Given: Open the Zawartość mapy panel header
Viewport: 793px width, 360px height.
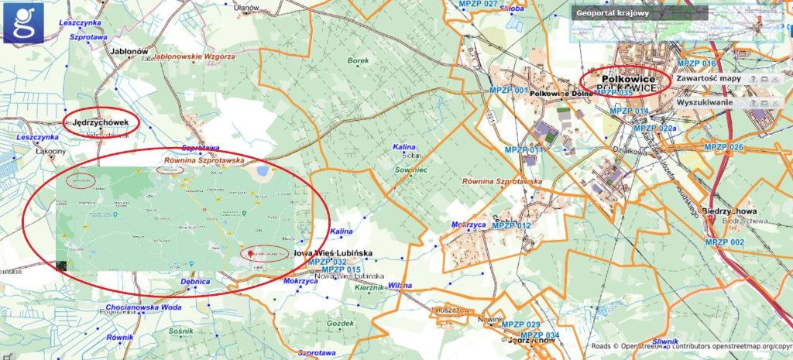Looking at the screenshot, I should [709, 79].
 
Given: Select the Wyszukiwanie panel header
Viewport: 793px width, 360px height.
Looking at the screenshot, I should [704, 102].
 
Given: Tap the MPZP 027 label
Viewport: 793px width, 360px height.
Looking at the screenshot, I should [479, 5].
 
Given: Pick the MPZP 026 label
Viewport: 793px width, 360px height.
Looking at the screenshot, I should [723, 147].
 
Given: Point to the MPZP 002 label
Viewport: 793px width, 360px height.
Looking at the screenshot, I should [724, 242].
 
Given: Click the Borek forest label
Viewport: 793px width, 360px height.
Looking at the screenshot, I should [358, 60].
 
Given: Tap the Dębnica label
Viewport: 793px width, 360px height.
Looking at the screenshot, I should [195, 282].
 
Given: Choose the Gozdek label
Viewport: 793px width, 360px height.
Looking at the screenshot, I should [340, 323].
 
